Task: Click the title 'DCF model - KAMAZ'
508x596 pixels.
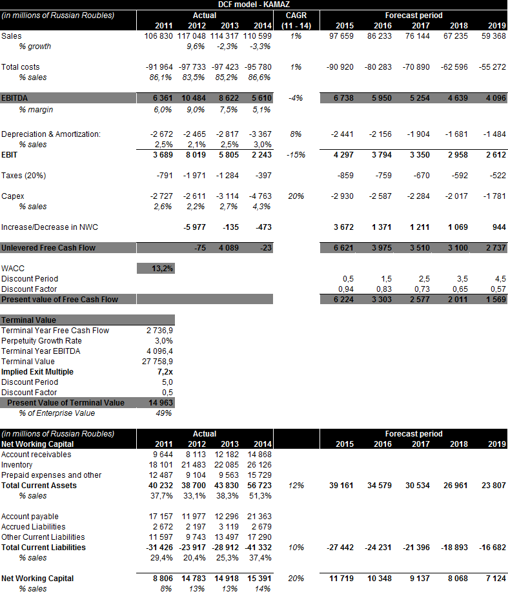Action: [254, 5]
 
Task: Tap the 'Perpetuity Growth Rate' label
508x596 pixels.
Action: [41, 341]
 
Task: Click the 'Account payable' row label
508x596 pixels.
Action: [30, 517]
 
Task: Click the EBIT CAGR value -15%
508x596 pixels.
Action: [296, 155]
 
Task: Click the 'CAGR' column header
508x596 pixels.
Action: [296, 15]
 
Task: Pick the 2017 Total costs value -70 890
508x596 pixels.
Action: [414, 67]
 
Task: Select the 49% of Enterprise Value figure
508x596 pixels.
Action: [165, 413]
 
